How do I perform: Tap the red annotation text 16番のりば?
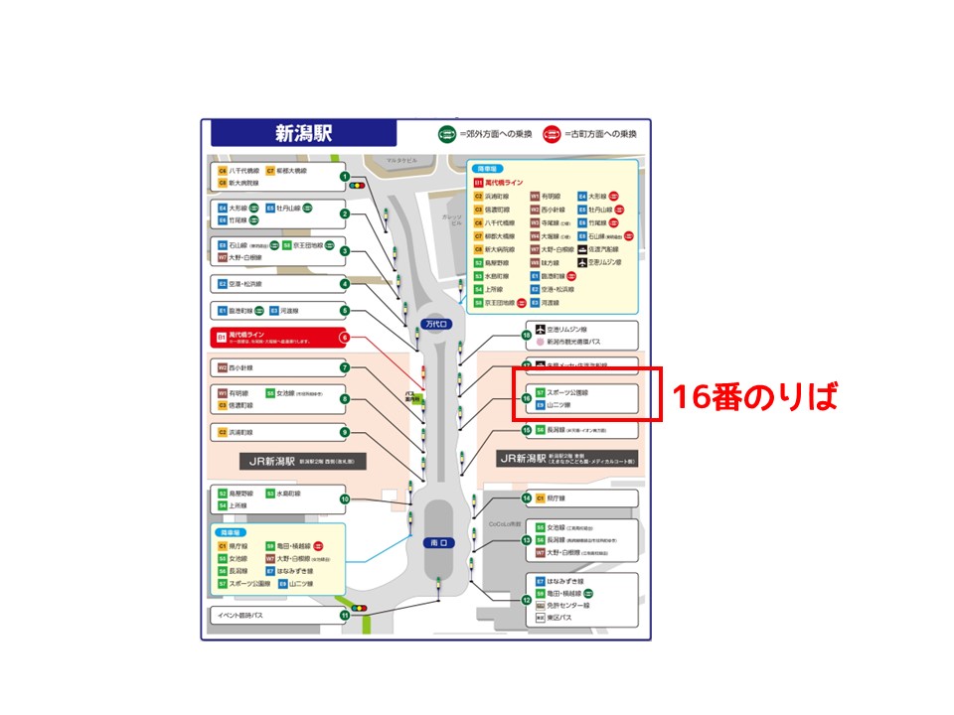click(x=753, y=396)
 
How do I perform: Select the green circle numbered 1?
click(x=345, y=177)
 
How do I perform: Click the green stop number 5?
click(x=345, y=310)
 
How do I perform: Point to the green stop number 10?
click(x=345, y=499)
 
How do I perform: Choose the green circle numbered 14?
click(x=527, y=498)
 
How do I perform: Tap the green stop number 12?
click(x=527, y=599)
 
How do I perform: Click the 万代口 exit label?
click(x=437, y=324)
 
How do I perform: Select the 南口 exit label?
click(x=438, y=543)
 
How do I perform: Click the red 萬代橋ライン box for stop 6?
click(x=273, y=338)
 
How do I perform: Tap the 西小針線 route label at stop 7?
click(x=241, y=367)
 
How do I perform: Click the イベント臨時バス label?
click(x=240, y=616)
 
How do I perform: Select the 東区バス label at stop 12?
click(x=560, y=618)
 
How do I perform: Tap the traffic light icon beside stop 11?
click(x=359, y=607)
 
